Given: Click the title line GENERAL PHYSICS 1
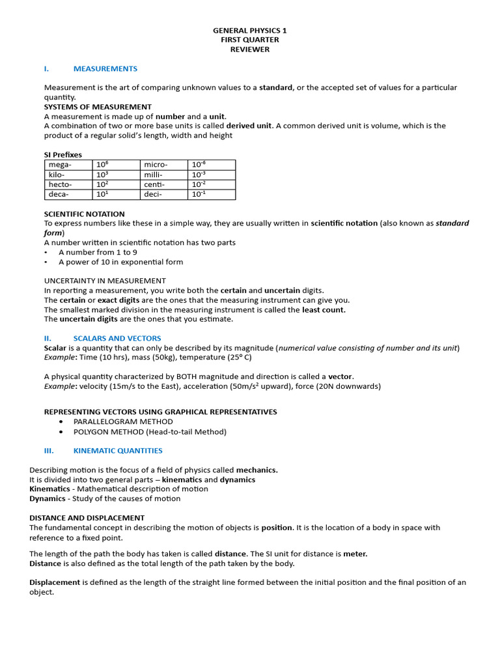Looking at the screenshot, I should click(249, 31).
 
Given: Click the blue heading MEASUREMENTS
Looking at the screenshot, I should click(105, 68).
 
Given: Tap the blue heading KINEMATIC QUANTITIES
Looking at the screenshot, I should click(118, 450).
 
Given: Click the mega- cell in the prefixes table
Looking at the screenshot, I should click(61, 165).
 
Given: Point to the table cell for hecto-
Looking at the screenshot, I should click(61, 184).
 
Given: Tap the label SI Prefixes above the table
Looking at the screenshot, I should click(63, 154).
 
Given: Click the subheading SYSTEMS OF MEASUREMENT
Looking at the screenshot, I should click(98, 107).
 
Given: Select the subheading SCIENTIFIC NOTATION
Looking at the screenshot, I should click(84, 214).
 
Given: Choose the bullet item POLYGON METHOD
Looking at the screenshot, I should click(150, 431).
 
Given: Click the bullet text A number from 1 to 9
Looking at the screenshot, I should click(98, 252).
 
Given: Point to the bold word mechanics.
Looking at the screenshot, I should click(257, 470).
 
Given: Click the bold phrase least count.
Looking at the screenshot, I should click(324, 310).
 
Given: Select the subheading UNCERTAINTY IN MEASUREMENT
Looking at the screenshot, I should click(104, 281).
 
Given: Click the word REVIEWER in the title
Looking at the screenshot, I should click(249, 49).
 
